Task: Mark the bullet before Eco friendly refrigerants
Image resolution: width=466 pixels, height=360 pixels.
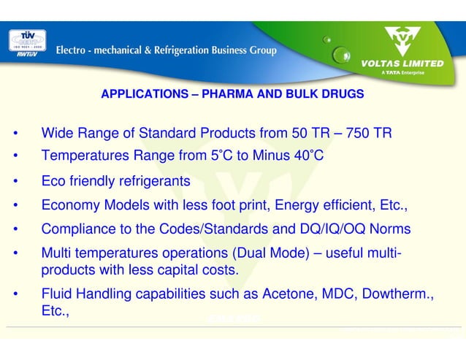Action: point(14,180)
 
